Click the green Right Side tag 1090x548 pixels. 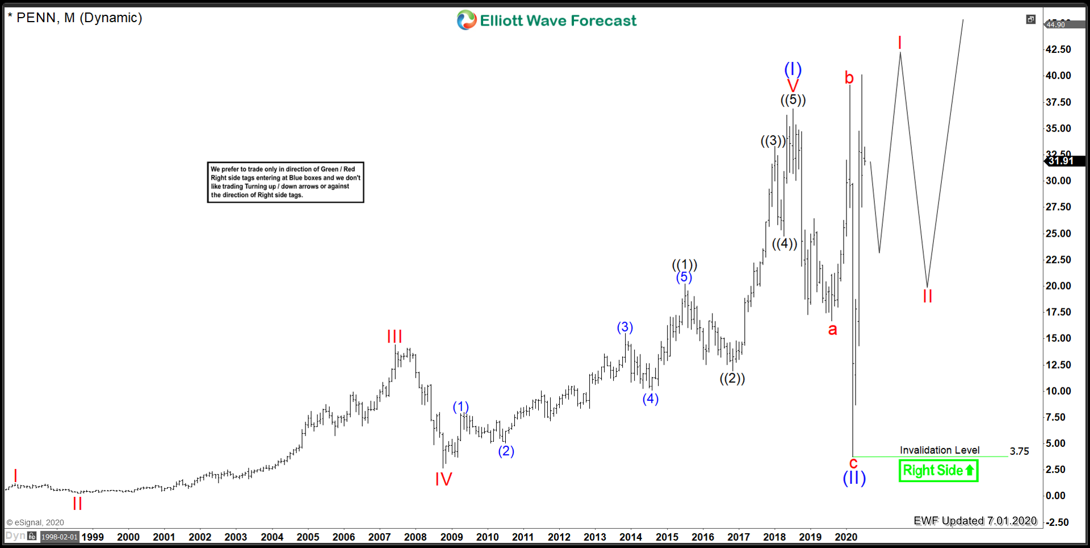coord(938,471)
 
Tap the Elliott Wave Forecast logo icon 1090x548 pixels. coord(467,20)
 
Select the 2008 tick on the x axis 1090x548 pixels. coord(415,537)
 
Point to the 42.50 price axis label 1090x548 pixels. coord(1058,49)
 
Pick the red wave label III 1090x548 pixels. coord(395,337)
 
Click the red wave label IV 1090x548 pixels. coord(443,479)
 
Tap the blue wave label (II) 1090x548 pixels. coord(854,478)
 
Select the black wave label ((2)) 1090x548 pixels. coord(732,378)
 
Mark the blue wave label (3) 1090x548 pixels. coord(625,327)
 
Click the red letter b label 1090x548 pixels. coord(849,78)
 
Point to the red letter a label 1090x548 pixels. coord(832,329)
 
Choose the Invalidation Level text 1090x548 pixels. coord(940,450)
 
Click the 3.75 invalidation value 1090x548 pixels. coord(1019,451)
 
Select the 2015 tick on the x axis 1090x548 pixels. coord(667,537)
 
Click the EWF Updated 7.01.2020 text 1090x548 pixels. coord(975,521)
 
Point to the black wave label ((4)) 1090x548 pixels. coord(785,244)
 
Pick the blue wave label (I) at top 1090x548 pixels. coord(793,69)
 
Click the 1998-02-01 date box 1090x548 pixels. coord(59,537)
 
